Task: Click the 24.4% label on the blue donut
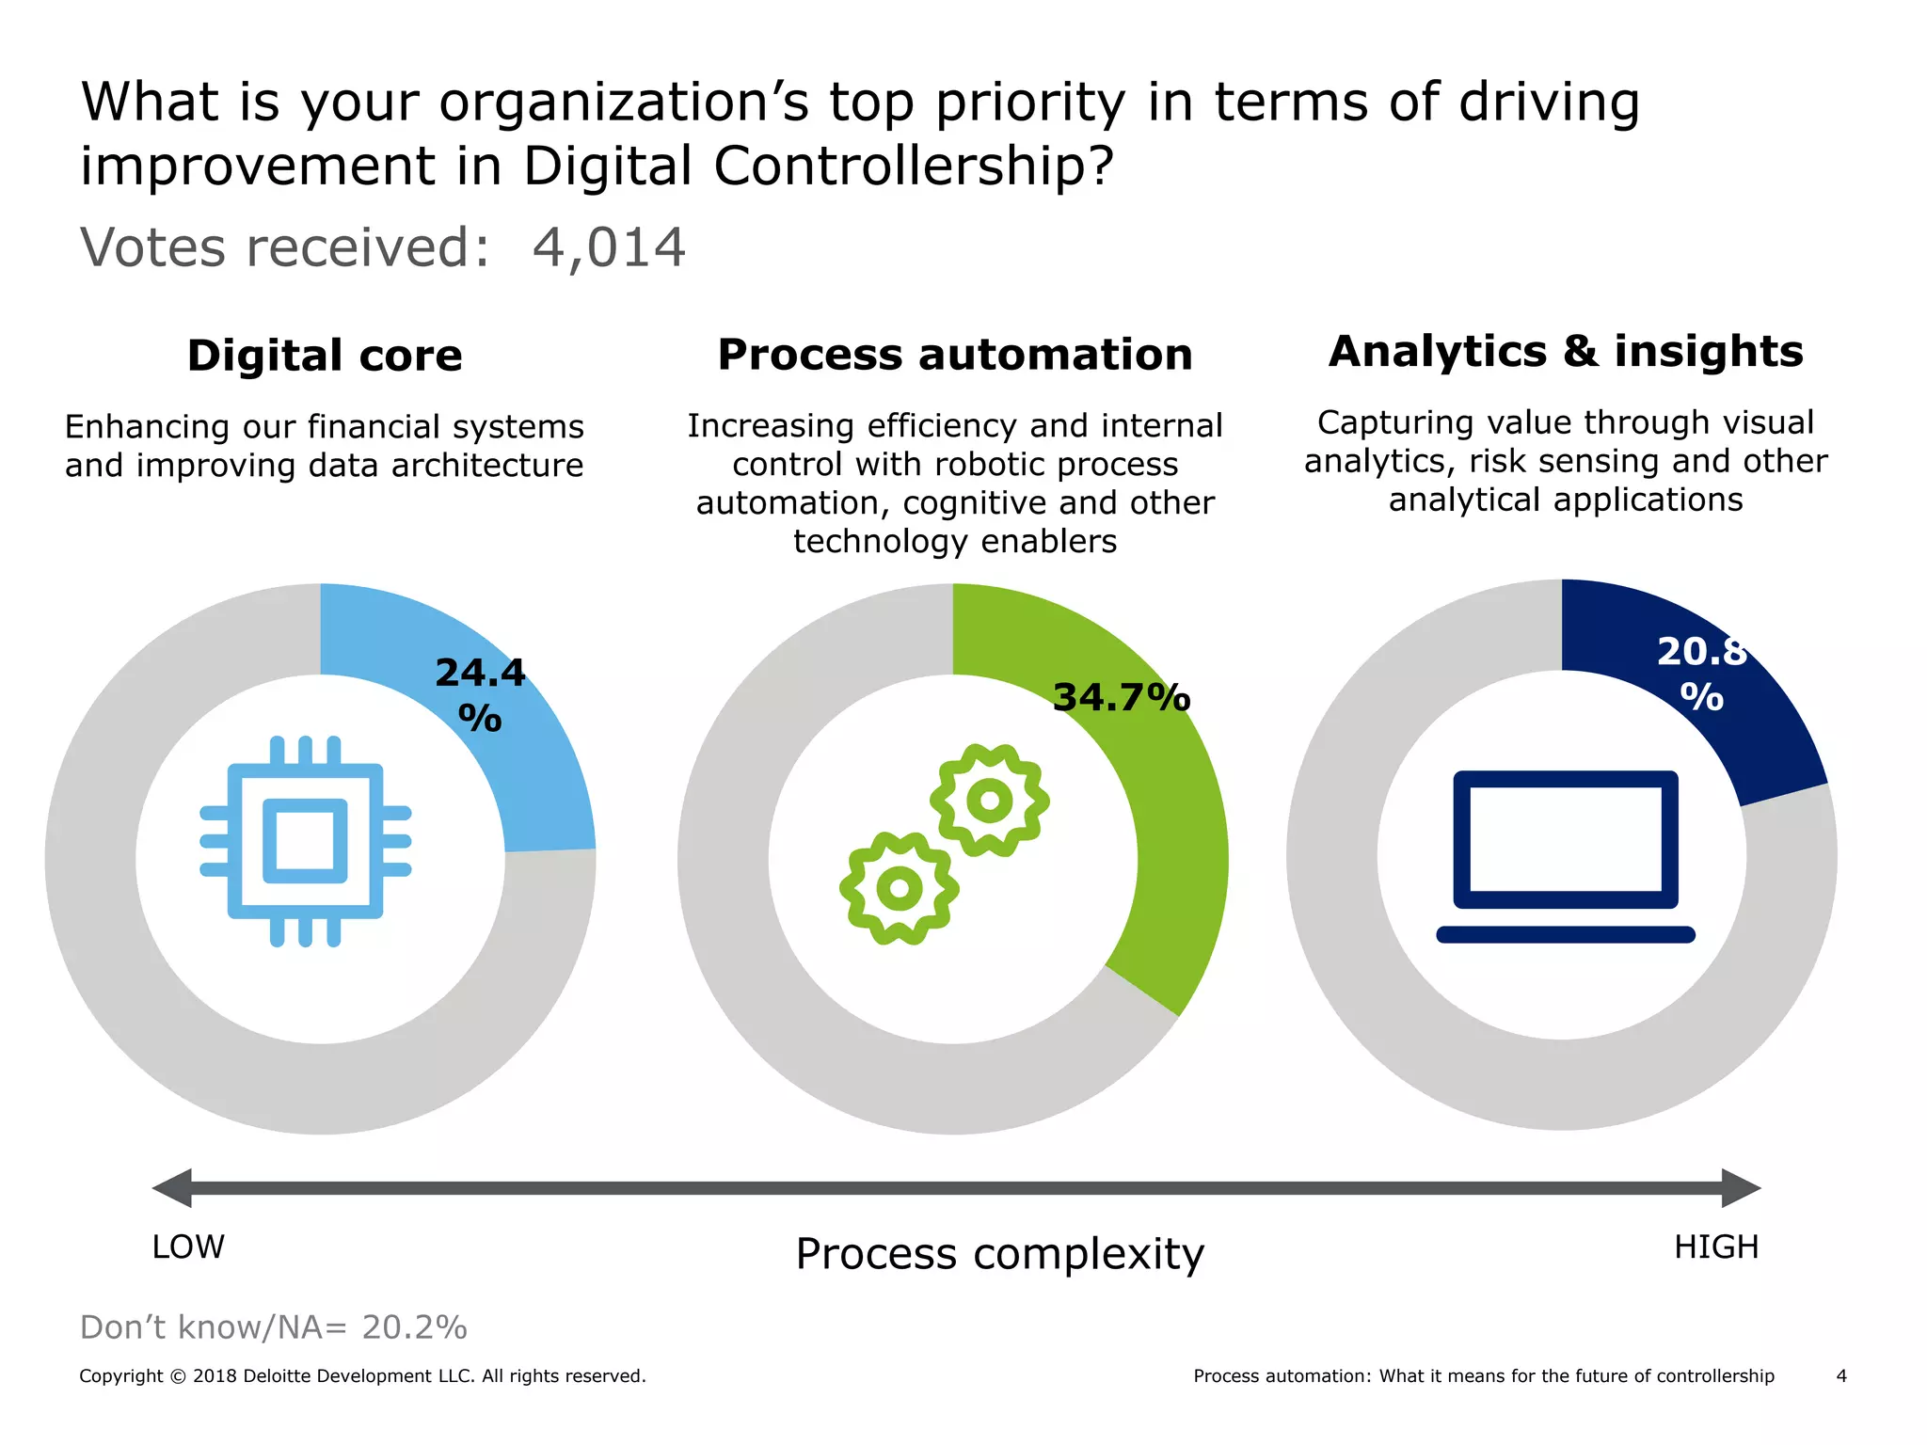pos(480,694)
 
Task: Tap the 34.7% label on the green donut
pos(1122,698)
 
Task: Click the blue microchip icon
pos(306,841)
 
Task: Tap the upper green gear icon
pos(989,801)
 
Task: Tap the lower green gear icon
pos(900,888)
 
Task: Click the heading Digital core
pos(325,356)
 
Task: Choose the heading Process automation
pos(955,355)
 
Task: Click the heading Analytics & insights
pos(1566,351)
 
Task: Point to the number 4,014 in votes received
pos(609,248)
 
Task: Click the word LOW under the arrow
pos(188,1247)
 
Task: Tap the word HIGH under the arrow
pos(1716,1247)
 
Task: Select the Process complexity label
pos(999,1254)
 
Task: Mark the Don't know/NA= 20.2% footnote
pos(273,1327)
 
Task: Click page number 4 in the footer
pos(1841,1376)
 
